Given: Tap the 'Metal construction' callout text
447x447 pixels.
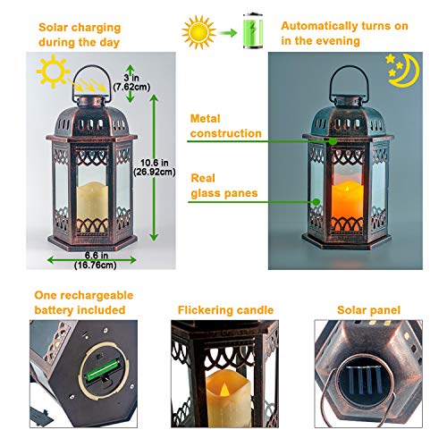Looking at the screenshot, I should (x=225, y=125).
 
